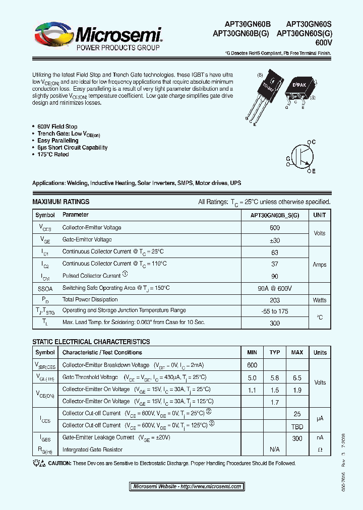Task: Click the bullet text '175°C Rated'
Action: click(x=53, y=155)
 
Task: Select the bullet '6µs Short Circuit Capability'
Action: click(x=72, y=148)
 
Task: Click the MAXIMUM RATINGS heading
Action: click(x=60, y=202)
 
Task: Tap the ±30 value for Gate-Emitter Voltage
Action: click(x=275, y=240)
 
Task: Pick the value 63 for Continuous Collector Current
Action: click(x=275, y=252)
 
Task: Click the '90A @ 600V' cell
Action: click(x=275, y=288)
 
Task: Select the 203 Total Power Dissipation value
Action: click(x=275, y=300)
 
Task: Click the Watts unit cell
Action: click(x=320, y=300)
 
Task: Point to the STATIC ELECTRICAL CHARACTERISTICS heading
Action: click(x=91, y=342)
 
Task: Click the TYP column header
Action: click(x=275, y=352)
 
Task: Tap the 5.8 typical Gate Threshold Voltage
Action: click(x=275, y=377)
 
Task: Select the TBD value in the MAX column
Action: click(x=297, y=425)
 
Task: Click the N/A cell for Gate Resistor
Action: click(x=275, y=449)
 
